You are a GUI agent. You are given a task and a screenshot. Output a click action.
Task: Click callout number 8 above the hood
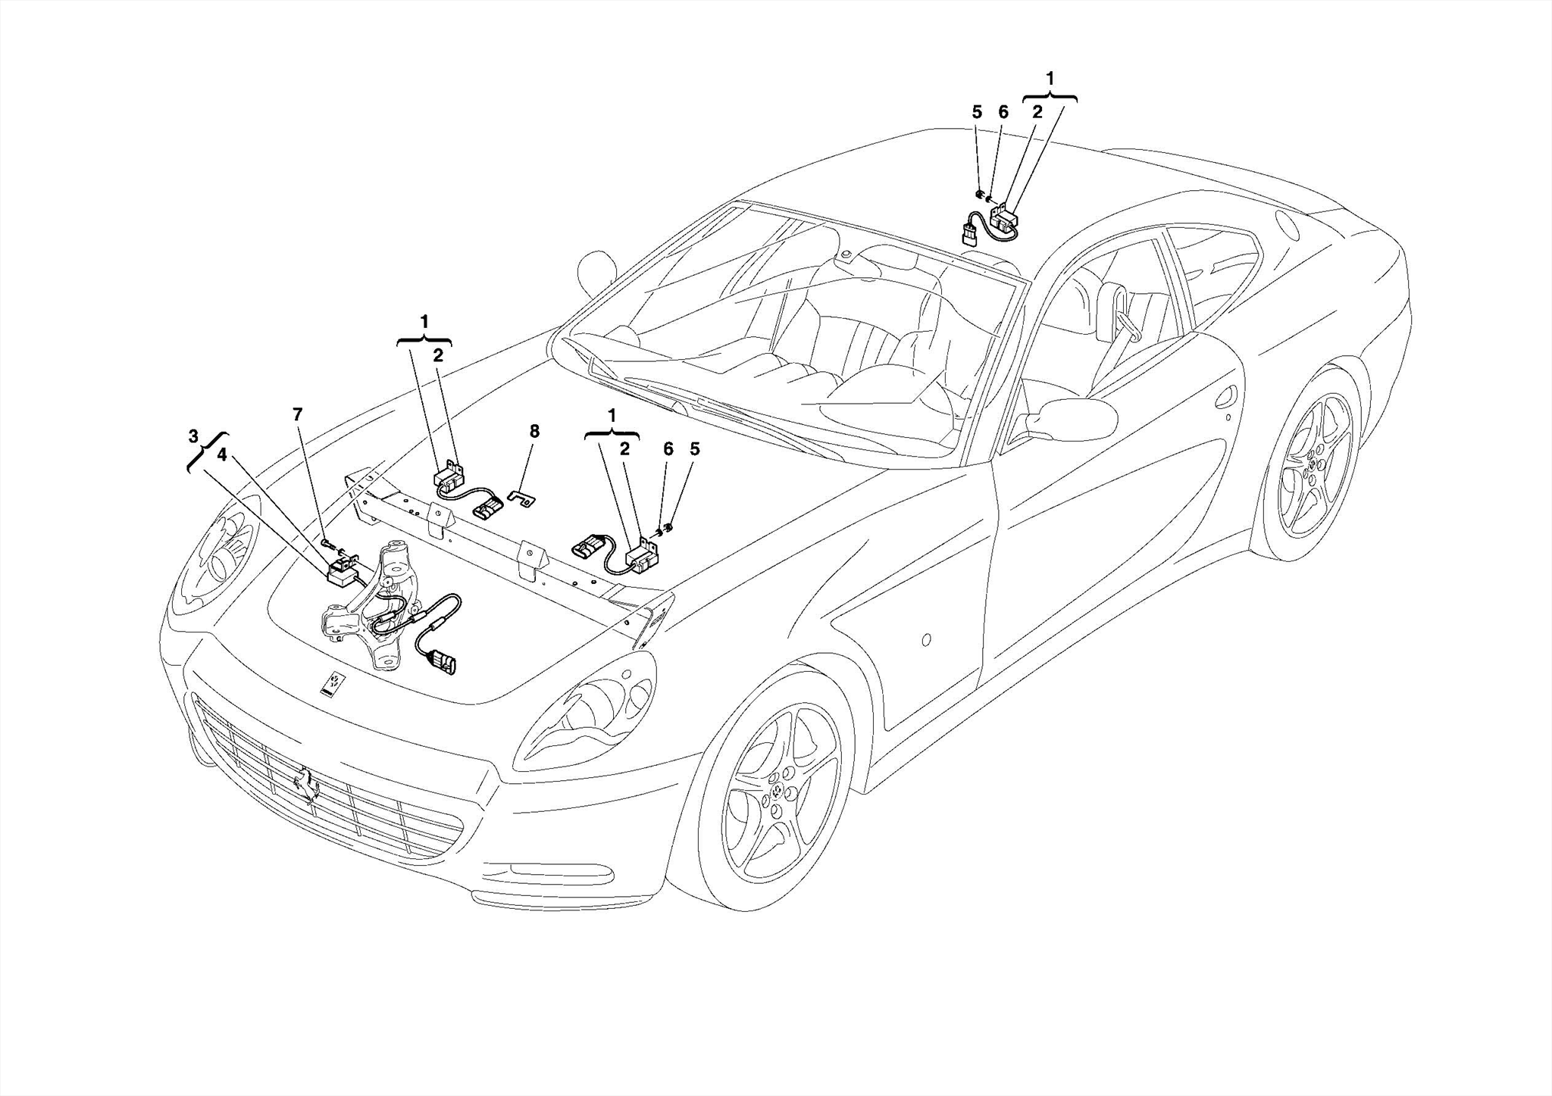click(534, 432)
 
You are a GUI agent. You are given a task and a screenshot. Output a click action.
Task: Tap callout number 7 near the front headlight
click(298, 414)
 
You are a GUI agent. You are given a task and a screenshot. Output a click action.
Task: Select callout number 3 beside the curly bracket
click(194, 436)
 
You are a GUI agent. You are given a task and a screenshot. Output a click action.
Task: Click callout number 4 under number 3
click(222, 454)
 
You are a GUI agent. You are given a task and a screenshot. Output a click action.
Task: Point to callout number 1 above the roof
click(1050, 78)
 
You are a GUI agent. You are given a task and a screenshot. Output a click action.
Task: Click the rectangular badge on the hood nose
click(332, 683)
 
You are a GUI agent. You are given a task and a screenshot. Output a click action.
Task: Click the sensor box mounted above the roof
click(1007, 219)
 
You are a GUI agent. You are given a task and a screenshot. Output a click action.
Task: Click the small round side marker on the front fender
click(926, 640)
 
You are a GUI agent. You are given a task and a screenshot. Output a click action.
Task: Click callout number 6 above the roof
click(1003, 112)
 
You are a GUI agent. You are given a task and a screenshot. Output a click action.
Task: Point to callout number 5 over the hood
click(694, 449)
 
